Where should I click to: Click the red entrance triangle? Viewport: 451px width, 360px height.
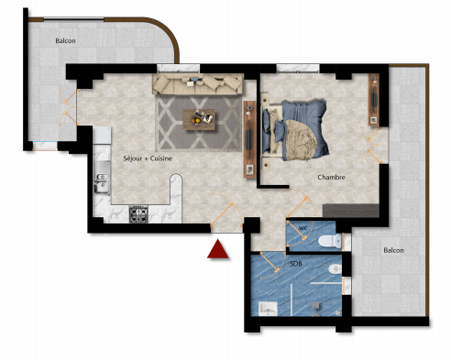pos(218,250)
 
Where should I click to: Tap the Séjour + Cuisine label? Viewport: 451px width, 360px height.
pos(148,158)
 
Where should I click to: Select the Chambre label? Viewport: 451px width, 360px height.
pos(331,177)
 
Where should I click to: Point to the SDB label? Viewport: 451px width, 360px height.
pos(296,264)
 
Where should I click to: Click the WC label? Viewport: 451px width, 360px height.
pos(302,228)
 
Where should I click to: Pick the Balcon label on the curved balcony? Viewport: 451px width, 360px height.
pos(65,40)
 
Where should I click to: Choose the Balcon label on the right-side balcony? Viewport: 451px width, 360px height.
pos(393,250)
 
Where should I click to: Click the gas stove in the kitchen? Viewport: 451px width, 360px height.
pos(138,214)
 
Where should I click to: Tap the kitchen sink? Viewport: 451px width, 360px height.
pos(102,178)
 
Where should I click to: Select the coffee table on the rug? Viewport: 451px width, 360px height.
pos(199,119)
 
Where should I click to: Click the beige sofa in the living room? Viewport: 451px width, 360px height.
pos(198,84)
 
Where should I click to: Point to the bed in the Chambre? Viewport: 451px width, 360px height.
pos(295,130)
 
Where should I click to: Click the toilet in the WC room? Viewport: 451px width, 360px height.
pos(330,241)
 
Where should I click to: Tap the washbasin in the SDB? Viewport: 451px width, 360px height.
pos(268,309)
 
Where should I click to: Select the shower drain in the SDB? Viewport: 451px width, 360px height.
pos(316,306)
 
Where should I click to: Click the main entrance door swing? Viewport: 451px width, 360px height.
pos(227,211)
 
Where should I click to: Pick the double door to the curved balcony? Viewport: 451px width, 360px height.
pos(69,107)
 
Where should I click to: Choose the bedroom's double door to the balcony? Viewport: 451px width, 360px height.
pos(370,146)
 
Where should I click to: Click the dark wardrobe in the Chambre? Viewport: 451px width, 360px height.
pos(351,211)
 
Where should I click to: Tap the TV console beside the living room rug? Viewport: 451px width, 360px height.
pos(249,139)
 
